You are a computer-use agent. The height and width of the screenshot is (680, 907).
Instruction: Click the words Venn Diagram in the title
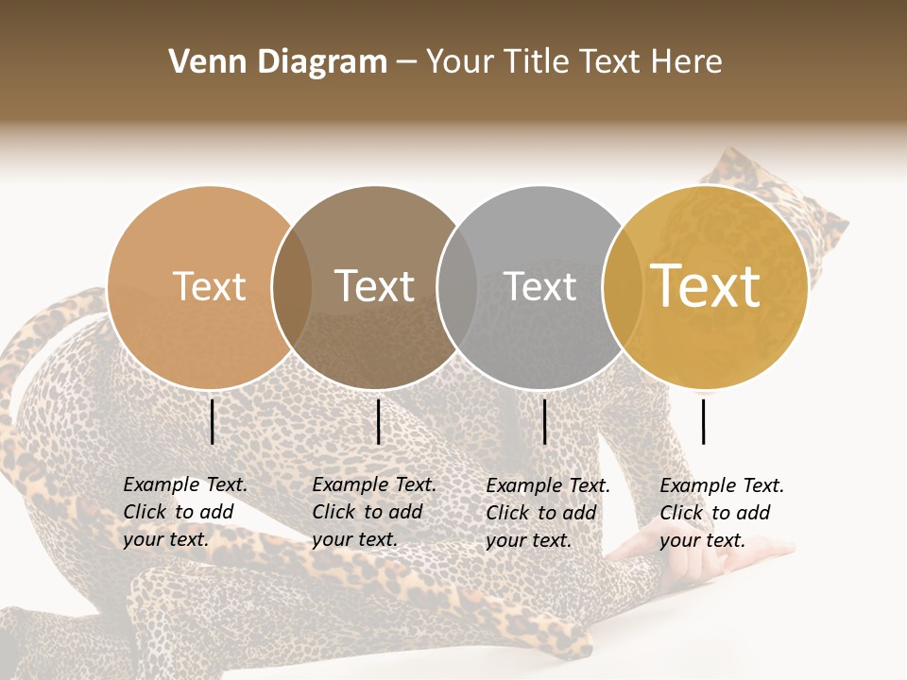[x=278, y=62]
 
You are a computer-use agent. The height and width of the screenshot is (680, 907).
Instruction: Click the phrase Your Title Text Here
[x=573, y=62]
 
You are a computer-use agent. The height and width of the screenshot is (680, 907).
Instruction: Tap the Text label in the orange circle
[x=209, y=286]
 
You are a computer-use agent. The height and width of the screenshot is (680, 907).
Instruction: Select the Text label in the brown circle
[x=375, y=286]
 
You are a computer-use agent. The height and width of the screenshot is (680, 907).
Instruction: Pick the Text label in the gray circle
[x=539, y=286]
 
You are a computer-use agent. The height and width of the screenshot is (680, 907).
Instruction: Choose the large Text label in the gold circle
[x=706, y=286]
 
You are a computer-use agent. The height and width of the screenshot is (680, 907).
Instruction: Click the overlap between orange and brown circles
[x=292, y=287]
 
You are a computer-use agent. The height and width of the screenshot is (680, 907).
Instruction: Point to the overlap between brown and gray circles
[x=457, y=287]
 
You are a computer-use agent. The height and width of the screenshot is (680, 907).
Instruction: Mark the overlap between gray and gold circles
[x=623, y=287]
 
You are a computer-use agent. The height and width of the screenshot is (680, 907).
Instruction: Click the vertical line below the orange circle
[x=213, y=421]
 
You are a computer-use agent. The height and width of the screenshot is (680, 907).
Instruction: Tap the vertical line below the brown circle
[x=378, y=421]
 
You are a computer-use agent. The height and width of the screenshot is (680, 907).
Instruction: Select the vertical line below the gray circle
[x=545, y=421]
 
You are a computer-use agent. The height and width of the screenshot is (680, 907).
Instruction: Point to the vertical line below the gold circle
[x=704, y=421]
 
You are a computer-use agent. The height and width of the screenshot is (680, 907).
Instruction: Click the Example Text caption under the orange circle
[x=185, y=512]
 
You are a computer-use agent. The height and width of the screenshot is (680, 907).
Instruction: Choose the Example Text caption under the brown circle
[x=374, y=512]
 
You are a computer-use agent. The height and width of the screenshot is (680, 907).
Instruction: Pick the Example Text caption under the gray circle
[x=548, y=513]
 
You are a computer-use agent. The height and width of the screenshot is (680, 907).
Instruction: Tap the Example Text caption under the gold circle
[x=722, y=513]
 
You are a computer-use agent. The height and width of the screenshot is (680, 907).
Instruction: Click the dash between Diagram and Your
[x=405, y=63]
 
